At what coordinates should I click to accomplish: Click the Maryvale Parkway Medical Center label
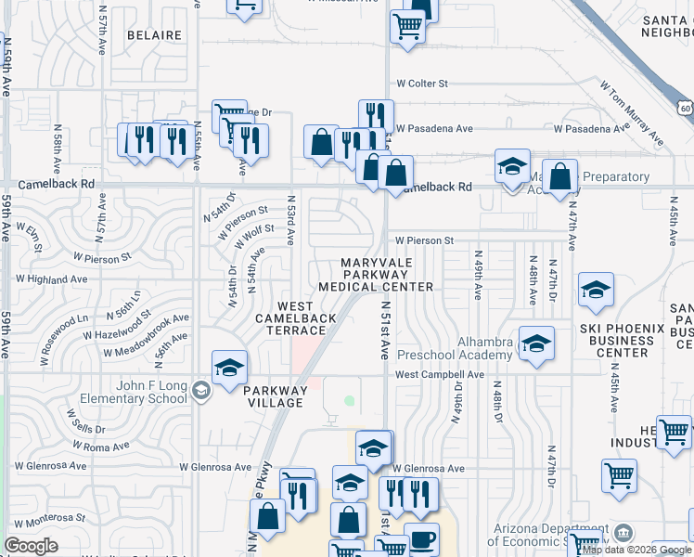click(376, 276)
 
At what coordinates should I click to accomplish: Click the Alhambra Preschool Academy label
click(455, 348)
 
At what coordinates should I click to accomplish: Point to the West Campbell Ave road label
click(440, 375)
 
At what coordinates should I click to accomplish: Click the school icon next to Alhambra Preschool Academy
click(536, 343)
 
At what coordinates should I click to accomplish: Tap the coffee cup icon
click(422, 539)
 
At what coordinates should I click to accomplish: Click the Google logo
click(32, 546)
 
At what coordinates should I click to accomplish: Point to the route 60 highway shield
click(686, 109)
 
